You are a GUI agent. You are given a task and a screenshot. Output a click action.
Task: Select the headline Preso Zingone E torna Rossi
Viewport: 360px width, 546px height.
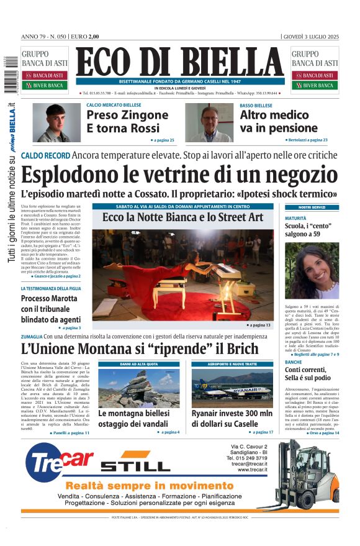coord(127,122)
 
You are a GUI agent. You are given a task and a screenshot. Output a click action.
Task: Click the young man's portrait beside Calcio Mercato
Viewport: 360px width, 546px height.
coord(56,122)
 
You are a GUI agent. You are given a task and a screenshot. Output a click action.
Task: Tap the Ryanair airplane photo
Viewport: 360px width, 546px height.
coord(232,388)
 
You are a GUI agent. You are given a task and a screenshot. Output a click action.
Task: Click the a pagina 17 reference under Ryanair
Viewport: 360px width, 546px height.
coord(261,432)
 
